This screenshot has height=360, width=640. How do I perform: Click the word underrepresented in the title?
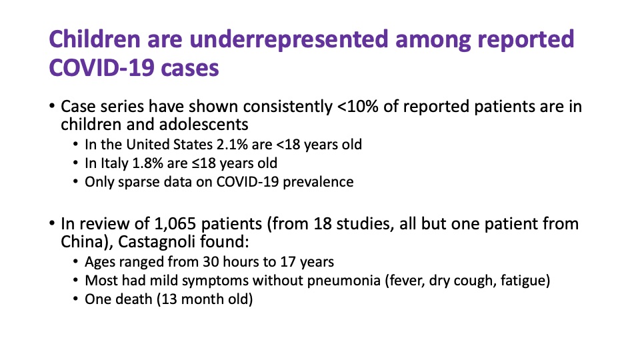point(289,39)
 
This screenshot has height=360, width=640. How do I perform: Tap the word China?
point(81,242)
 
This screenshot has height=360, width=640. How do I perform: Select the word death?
point(132,299)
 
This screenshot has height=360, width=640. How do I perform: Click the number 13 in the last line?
point(169,299)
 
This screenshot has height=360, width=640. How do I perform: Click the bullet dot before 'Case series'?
point(52,106)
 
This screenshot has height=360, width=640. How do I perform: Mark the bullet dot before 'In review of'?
point(52,223)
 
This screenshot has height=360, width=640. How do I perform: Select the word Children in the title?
point(95,39)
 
